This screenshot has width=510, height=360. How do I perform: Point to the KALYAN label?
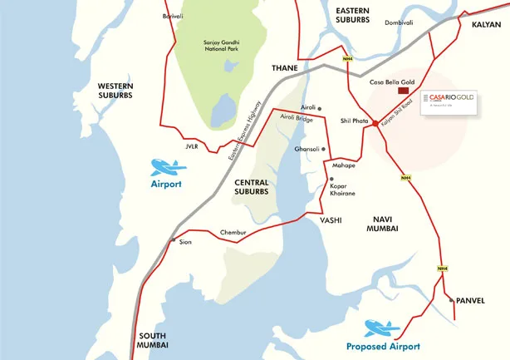click(x=486, y=25)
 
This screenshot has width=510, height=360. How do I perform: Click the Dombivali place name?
click(x=398, y=22)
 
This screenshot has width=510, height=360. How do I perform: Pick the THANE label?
click(x=285, y=67)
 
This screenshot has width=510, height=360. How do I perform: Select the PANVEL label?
click(x=471, y=300)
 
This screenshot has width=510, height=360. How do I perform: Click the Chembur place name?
click(x=210, y=232)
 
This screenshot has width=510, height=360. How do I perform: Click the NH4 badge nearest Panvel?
click(x=444, y=269)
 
